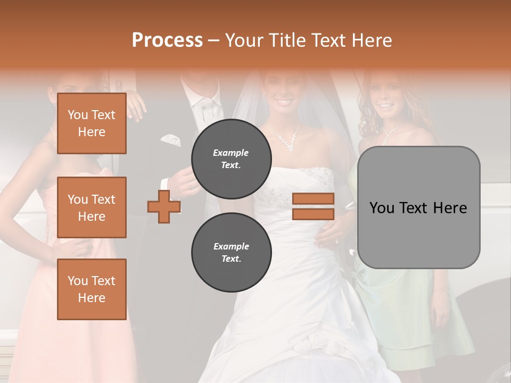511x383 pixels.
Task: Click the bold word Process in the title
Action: click(x=167, y=40)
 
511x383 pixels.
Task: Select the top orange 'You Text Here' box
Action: click(x=92, y=123)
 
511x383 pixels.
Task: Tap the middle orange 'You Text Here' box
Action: click(x=92, y=207)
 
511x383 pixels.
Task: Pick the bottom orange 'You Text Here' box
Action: click(x=92, y=289)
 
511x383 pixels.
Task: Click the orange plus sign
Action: click(x=164, y=206)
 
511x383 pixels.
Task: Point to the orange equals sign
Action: click(x=313, y=206)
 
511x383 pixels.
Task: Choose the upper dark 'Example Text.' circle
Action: click(x=231, y=159)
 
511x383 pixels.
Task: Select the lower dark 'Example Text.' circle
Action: click(x=231, y=253)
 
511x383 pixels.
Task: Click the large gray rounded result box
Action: click(x=418, y=207)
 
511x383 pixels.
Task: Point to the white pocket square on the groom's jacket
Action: click(x=170, y=140)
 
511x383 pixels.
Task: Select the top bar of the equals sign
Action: click(x=313, y=199)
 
